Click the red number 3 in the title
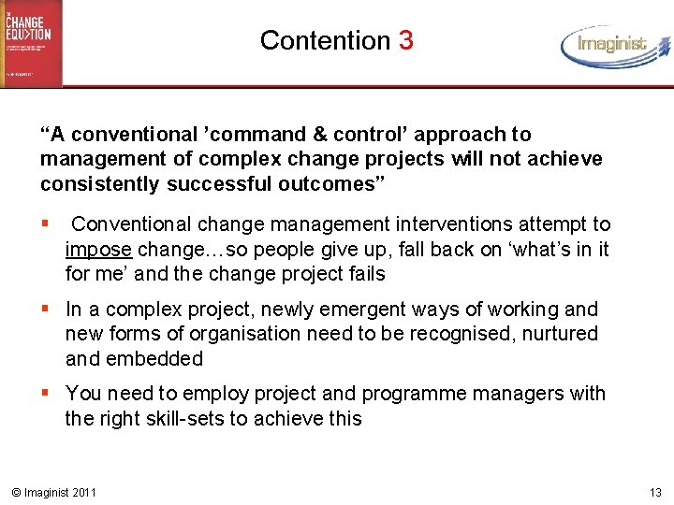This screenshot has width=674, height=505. (x=405, y=40)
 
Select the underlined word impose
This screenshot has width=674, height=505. (x=99, y=250)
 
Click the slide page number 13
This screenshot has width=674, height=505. (x=654, y=492)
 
